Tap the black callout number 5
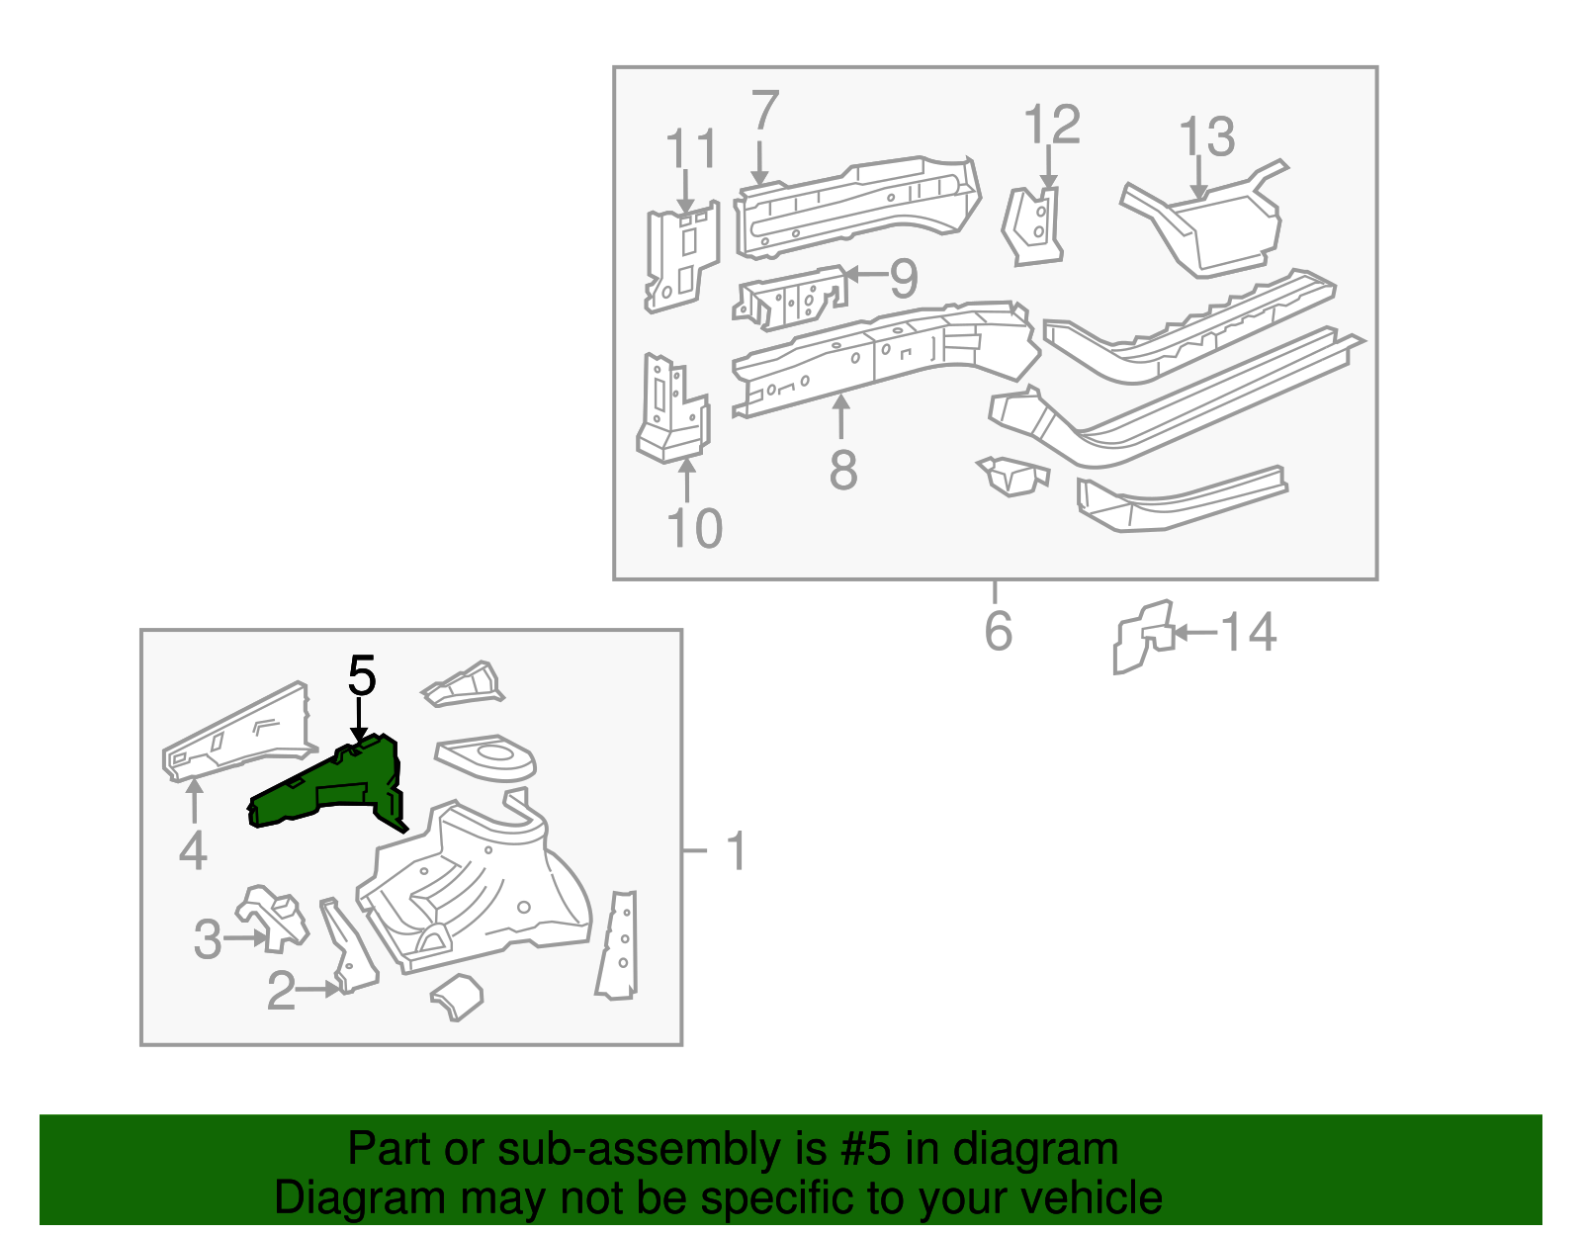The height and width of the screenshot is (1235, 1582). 362,677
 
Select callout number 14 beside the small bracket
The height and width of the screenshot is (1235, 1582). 1249,633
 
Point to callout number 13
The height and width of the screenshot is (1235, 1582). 1207,137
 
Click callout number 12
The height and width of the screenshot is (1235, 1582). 1051,126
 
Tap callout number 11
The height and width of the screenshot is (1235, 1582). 690,149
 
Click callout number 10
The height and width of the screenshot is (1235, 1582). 694,529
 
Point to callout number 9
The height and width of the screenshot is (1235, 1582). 904,279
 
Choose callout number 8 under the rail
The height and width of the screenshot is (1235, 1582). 842,470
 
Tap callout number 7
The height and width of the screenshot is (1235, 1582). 764,111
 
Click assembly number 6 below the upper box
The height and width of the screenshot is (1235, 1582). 998,632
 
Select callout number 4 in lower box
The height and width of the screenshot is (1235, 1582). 193,851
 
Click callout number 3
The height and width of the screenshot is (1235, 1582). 208,939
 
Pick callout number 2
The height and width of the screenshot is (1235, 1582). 281,991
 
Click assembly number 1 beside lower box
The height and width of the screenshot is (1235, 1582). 736,851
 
